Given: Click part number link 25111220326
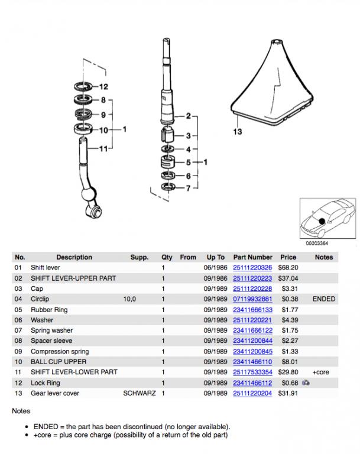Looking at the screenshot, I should pos(252,268).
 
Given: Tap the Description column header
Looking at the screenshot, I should pos(74,257).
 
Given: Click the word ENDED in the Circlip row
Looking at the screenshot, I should pos(323,299).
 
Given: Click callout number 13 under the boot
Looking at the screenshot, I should pos(237,132).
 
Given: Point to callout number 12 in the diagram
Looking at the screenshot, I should pos(104,86).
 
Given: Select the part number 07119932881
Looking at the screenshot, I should pos(252,299).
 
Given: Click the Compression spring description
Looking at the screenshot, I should pos(59,351).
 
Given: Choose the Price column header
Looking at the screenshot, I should pos(288,257).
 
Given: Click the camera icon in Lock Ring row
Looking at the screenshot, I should pos(306,383).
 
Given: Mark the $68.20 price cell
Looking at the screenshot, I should pos(288,268).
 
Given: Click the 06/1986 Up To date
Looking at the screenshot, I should pos(215,268).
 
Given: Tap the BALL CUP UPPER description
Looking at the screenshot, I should pos(59,362).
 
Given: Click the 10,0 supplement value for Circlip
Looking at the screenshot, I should pos(129,299).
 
